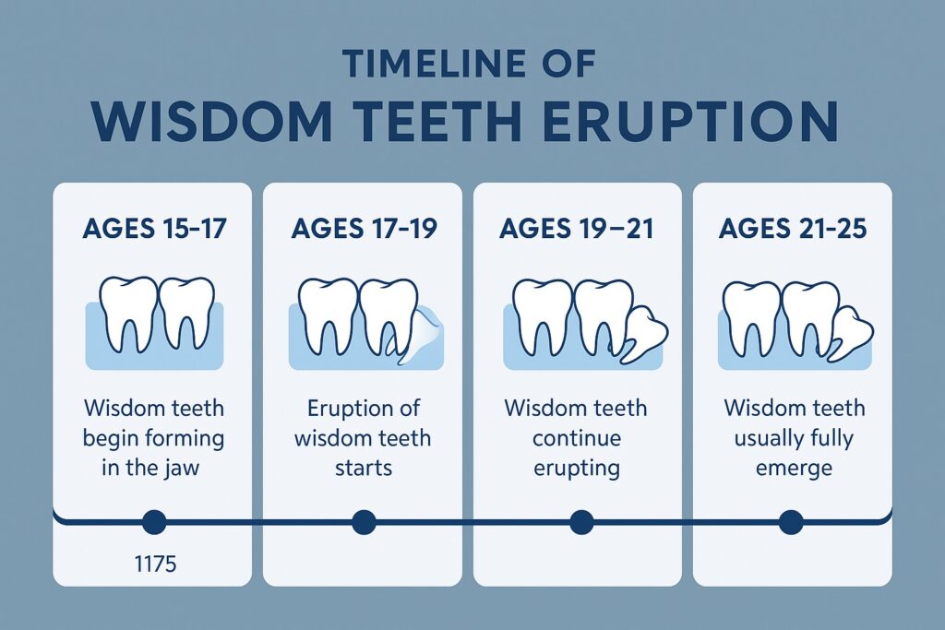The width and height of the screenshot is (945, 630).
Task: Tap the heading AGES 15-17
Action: (154, 229)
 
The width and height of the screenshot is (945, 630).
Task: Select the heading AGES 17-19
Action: (364, 229)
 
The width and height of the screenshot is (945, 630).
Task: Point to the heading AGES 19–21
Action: (577, 229)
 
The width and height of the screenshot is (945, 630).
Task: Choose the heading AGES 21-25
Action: (793, 229)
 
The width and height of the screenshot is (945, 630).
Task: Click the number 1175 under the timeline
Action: (155, 565)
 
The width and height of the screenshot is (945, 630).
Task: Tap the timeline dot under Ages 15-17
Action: (154, 522)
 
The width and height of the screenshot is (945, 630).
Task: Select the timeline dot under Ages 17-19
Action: (364, 522)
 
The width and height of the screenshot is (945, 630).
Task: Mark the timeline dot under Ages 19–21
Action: (581, 522)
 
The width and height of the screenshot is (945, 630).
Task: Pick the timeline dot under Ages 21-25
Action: (791, 522)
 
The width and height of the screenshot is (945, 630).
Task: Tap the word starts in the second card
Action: (364, 469)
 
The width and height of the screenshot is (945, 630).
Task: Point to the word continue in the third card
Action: (577, 438)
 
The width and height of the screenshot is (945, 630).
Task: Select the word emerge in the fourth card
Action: (794, 469)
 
